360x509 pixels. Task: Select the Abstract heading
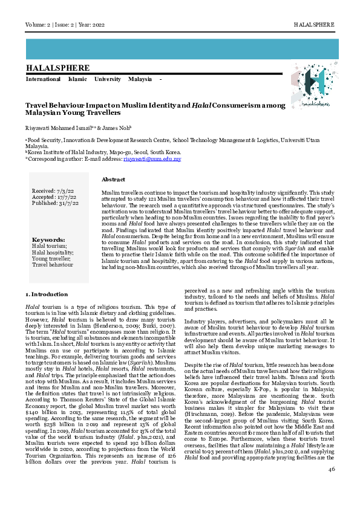[x=113, y=180]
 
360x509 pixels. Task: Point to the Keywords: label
[x=48, y=239]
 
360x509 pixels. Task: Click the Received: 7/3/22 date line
[x=52, y=191]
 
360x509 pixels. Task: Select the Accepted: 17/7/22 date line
[x=53, y=197]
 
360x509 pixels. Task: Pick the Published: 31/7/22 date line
[x=55, y=203]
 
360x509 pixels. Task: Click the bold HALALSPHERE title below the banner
[x=57, y=68]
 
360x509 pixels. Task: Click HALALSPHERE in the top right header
[x=313, y=24]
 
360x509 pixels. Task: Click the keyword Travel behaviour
[x=53, y=265]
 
